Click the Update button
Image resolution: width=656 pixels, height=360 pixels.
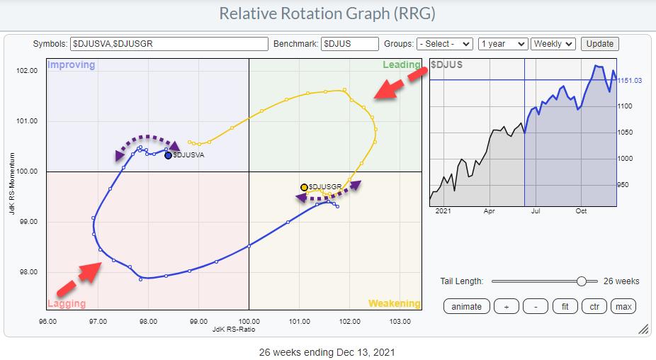599,44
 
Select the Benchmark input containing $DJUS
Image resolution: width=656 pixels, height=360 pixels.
349,44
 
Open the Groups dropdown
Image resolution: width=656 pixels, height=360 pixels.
444,44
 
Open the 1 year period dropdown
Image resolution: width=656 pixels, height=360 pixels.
503,44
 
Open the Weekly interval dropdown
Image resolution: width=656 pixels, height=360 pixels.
553,44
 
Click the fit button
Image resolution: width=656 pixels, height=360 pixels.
564,306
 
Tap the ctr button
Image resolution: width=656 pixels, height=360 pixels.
594,306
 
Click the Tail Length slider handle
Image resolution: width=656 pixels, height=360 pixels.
582,281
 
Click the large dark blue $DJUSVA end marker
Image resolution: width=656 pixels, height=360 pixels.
168,155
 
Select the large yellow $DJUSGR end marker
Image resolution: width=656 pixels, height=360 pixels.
304,187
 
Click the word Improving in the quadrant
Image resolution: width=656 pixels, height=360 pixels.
71,65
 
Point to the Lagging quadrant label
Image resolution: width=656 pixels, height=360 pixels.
67,303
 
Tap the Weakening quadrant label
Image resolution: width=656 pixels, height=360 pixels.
394,303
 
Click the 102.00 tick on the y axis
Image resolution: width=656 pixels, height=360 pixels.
28,71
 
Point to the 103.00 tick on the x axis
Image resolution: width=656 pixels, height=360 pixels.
400,321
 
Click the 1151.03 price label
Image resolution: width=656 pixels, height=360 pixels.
629,80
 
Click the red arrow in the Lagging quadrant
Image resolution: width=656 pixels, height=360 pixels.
78,279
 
